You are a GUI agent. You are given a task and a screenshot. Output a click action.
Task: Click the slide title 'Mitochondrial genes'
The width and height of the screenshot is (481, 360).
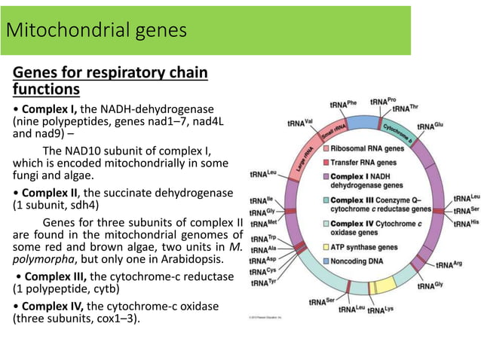[x=96, y=31]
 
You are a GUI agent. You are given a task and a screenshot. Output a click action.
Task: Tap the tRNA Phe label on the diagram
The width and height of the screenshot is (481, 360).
[x=343, y=103]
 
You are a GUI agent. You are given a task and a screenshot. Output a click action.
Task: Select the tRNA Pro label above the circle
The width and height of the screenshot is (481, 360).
[x=384, y=101]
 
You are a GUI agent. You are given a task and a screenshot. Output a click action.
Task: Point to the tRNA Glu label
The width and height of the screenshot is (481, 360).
[x=430, y=126]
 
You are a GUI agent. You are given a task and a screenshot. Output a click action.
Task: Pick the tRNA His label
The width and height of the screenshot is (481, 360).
[x=464, y=224]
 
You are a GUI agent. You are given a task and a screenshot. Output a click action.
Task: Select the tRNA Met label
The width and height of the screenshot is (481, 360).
[x=262, y=224]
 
